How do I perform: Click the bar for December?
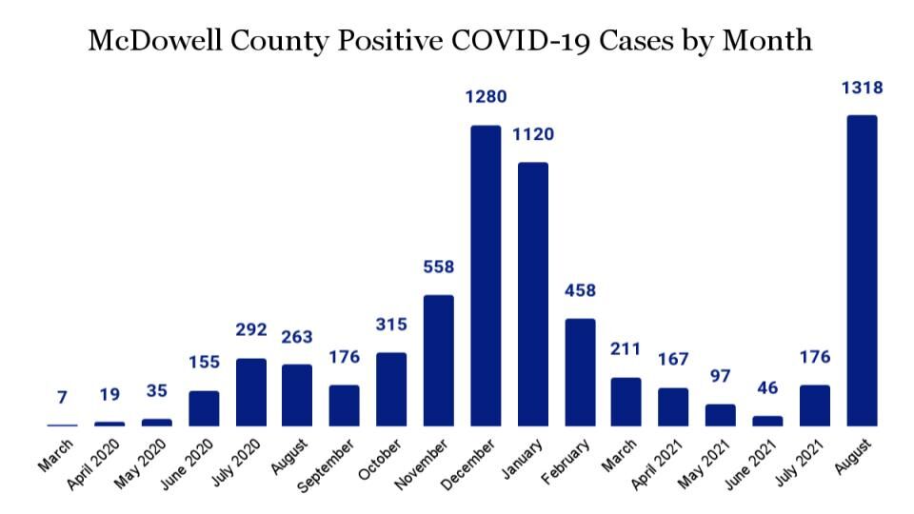point(486,276)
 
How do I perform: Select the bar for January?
point(533,294)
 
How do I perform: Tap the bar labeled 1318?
point(862,271)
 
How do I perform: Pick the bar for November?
point(439,361)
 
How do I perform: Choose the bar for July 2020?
point(250,392)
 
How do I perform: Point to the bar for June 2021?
point(767,421)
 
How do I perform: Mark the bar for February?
point(580,372)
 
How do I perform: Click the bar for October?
point(391,389)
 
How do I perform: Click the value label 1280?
point(486,97)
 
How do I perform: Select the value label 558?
point(439,267)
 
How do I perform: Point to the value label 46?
point(767,387)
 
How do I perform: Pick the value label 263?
point(297,337)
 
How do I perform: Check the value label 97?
point(721,375)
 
